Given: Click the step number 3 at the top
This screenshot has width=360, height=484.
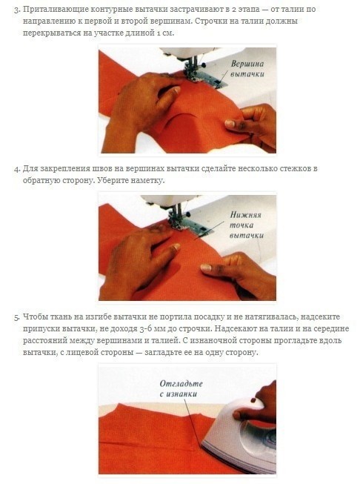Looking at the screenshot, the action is point(16,10).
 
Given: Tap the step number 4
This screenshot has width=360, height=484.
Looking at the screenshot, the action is point(16,169).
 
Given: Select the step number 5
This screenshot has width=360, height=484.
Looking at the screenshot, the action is point(16,317).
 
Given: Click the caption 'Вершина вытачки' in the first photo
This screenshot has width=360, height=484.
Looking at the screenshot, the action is point(247,69).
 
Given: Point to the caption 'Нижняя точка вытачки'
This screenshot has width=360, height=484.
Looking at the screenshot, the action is point(246,225).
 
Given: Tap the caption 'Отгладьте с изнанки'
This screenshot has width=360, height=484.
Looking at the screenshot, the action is point(181,388).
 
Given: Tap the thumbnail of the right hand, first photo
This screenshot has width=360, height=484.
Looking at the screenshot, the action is point(230,124).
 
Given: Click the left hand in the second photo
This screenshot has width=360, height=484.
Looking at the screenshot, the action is point(139,259).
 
